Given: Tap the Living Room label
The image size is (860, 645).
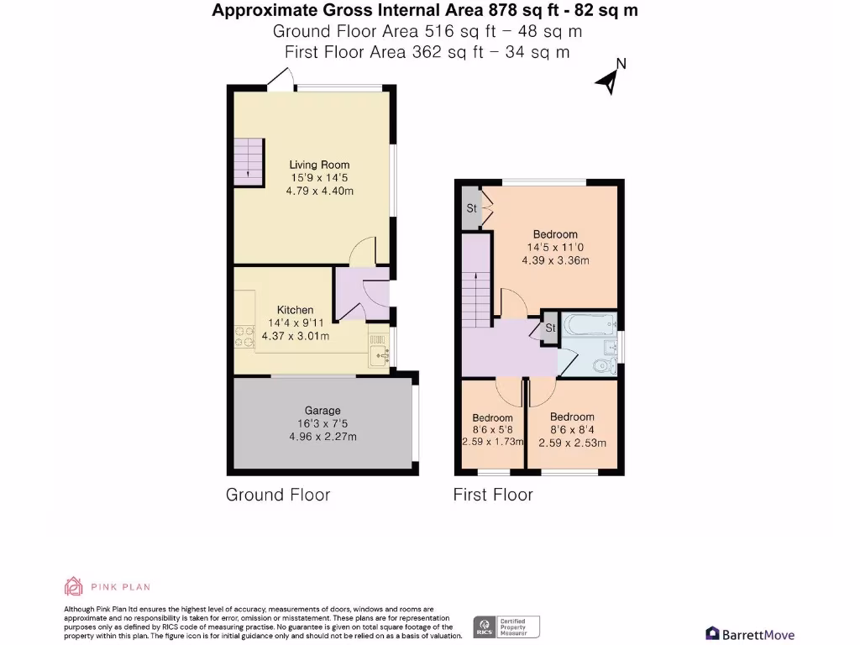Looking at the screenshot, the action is tap(319, 165).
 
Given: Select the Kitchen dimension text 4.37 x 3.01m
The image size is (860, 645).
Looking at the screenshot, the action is tap(295, 336).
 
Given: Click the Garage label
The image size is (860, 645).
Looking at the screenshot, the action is tap(322, 410).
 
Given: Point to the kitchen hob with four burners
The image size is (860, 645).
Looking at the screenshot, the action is tap(244, 336).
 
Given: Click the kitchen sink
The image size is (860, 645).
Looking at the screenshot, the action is tap(380, 350).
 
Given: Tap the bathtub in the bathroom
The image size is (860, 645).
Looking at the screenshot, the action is tap(590, 324).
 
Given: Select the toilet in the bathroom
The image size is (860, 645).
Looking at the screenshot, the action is tap(603, 364).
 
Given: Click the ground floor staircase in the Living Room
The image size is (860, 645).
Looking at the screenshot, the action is tap(249, 162).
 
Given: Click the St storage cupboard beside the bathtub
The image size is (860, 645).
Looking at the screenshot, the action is tap(550, 328).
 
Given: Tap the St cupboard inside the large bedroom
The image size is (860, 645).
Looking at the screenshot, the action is tap(471, 208).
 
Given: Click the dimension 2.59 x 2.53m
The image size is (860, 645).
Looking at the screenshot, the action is tap(572, 443).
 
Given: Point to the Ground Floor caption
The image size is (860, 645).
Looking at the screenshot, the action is tap(278, 495).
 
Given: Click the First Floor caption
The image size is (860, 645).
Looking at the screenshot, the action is tap(493, 495).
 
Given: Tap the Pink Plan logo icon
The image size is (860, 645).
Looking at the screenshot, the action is tap(74, 586).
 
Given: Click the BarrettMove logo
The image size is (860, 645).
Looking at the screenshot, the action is tap(750, 634).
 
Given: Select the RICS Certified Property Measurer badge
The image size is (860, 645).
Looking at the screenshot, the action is tap(506, 627).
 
